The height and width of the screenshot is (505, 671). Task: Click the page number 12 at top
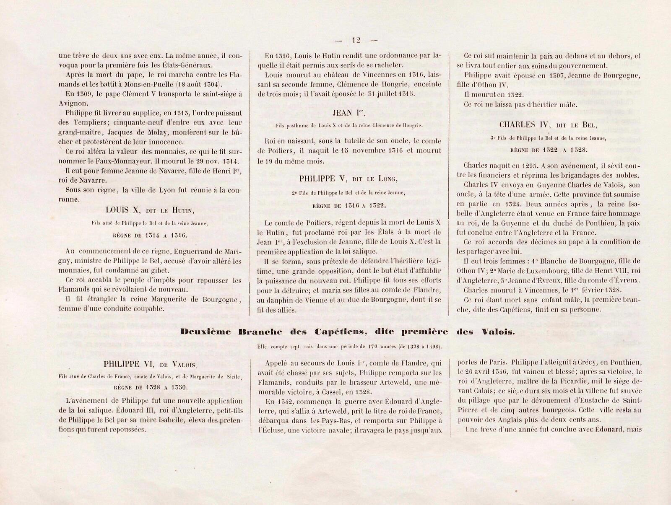click(x=356, y=40)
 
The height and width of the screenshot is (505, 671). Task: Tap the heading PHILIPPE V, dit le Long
click(x=349, y=179)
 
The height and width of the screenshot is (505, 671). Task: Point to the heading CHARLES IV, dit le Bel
click(x=549, y=124)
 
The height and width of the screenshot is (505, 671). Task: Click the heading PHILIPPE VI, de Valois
click(x=151, y=364)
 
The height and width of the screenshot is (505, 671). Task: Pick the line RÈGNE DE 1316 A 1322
click(x=349, y=206)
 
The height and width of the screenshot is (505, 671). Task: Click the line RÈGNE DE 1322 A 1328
click(x=549, y=150)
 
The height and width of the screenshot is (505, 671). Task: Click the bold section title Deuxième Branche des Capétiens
click(x=348, y=331)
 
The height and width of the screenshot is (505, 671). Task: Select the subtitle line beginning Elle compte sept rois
click(x=348, y=347)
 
